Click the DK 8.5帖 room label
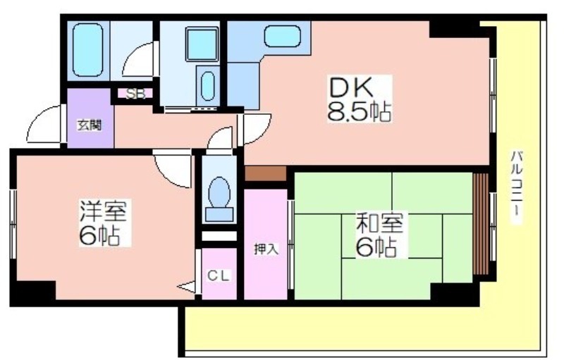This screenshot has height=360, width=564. [x=360, y=99]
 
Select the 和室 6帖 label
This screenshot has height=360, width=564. [x=381, y=235]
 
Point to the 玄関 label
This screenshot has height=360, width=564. [x=90, y=125]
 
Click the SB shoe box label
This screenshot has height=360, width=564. [x=135, y=94]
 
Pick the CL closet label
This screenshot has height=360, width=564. [x=219, y=276]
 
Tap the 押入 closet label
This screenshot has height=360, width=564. [x=266, y=249]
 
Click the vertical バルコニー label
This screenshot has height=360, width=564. [x=517, y=187]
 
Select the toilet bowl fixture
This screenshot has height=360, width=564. [x=219, y=199]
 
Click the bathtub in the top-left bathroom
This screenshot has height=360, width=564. [x=87, y=50]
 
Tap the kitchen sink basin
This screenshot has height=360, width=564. [x=283, y=37]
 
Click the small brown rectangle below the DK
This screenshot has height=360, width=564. [x=266, y=173]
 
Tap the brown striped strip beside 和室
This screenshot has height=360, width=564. [x=481, y=224]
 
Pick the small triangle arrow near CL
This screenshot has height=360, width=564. [x=187, y=287]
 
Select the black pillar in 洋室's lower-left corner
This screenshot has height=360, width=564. [x=32, y=293]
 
